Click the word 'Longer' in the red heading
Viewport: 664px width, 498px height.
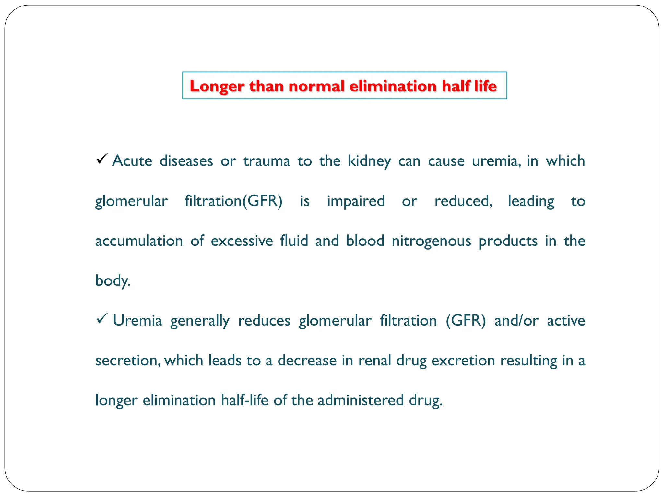[x=216, y=87]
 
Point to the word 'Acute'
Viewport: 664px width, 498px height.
[x=132, y=161]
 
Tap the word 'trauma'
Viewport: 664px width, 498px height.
[x=267, y=161]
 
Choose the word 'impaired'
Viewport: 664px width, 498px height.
[x=356, y=201]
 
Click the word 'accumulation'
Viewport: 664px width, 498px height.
[x=139, y=241]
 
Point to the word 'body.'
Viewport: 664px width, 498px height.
[x=113, y=281]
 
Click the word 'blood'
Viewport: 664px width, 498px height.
[x=365, y=241]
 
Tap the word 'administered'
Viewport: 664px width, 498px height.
[x=361, y=400]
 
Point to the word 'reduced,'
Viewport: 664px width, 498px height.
[x=463, y=201]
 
